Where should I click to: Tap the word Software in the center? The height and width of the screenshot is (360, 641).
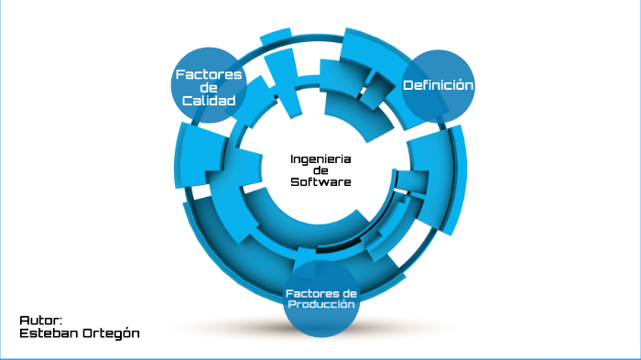click(320, 182)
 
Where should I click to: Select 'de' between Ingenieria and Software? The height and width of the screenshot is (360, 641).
click(320, 170)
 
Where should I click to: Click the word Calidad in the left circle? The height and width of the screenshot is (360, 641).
click(209, 100)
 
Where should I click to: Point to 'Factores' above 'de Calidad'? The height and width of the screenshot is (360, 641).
click(209, 74)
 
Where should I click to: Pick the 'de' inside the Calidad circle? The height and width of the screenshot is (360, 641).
click(209, 87)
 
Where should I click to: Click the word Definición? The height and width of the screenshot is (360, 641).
click(439, 85)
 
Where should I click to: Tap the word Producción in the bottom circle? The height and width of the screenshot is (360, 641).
click(320, 304)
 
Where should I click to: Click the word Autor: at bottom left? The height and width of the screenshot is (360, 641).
click(40, 321)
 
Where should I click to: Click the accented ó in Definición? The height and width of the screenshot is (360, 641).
click(462, 85)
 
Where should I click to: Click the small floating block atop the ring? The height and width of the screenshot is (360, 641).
click(276, 38)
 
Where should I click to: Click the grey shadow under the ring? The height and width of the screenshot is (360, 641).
click(320, 328)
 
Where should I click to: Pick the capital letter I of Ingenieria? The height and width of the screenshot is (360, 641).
click(292, 158)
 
